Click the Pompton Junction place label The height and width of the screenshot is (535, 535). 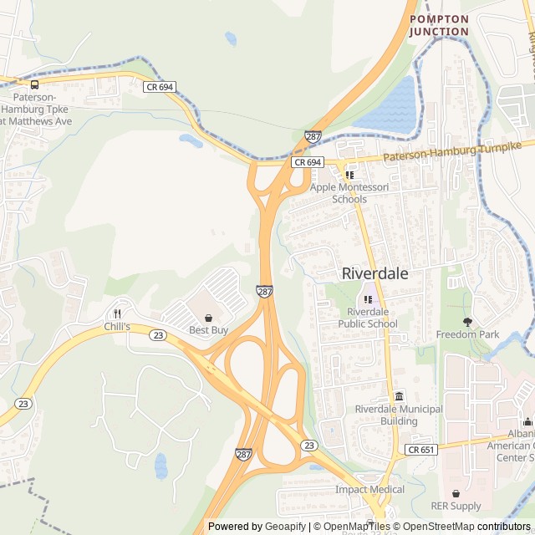(x=439, y=25)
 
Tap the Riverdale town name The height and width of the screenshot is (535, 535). (x=375, y=273)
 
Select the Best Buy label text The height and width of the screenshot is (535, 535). (x=208, y=330)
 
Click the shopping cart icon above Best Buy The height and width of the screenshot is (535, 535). (x=208, y=318)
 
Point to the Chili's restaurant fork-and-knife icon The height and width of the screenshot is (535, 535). (x=117, y=313)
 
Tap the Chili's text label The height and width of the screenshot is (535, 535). (x=117, y=326)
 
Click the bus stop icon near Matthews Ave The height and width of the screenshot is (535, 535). (x=34, y=84)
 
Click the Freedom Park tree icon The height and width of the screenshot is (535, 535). (x=467, y=322)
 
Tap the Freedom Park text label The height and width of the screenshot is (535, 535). (x=467, y=334)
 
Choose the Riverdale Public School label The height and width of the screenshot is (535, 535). (x=367, y=318)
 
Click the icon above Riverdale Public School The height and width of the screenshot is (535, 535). (x=367, y=299)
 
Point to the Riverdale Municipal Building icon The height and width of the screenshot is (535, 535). (x=399, y=396)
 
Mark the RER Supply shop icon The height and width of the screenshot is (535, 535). (x=456, y=494)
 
